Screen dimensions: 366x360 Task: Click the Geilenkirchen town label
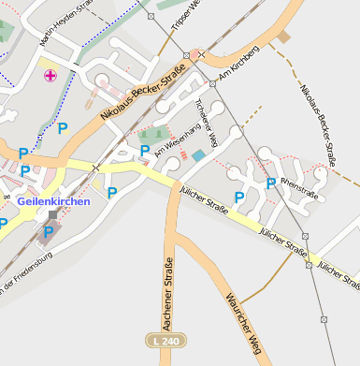click(x=53, y=201)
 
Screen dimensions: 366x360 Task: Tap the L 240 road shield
click(x=163, y=342)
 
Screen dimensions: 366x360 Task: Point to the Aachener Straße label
click(x=169, y=289)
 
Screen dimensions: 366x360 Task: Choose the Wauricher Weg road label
click(x=241, y=323)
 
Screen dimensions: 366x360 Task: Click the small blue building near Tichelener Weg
click(x=198, y=155)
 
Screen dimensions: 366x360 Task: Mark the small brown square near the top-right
click(x=283, y=37)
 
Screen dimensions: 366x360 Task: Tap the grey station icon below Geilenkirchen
click(x=52, y=215)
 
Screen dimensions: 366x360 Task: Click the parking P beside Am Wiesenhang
click(x=145, y=150)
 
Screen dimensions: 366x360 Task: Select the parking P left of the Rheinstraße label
click(x=270, y=183)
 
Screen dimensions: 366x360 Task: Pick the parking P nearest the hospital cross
click(x=63, y=128)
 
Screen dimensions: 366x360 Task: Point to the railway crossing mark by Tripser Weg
click(x=188, y=55)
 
